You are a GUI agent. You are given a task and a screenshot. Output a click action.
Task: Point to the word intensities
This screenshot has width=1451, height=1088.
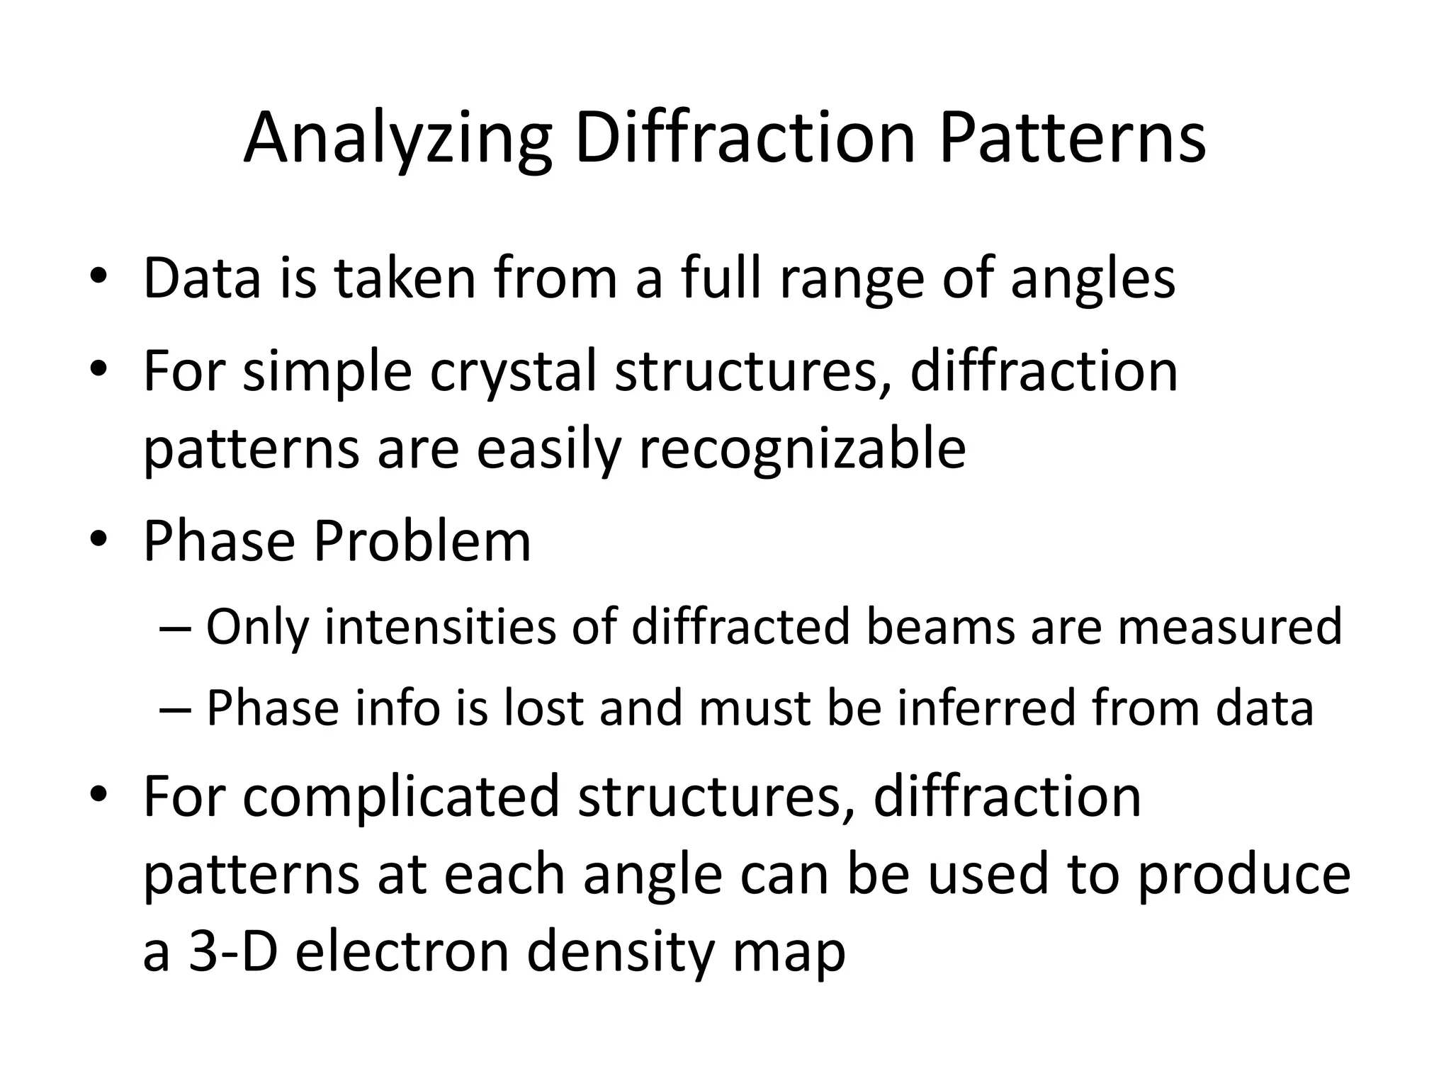click(x=440, y=628)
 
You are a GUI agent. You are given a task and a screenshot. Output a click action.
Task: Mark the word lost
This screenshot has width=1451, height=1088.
click(x=543, y=708)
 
